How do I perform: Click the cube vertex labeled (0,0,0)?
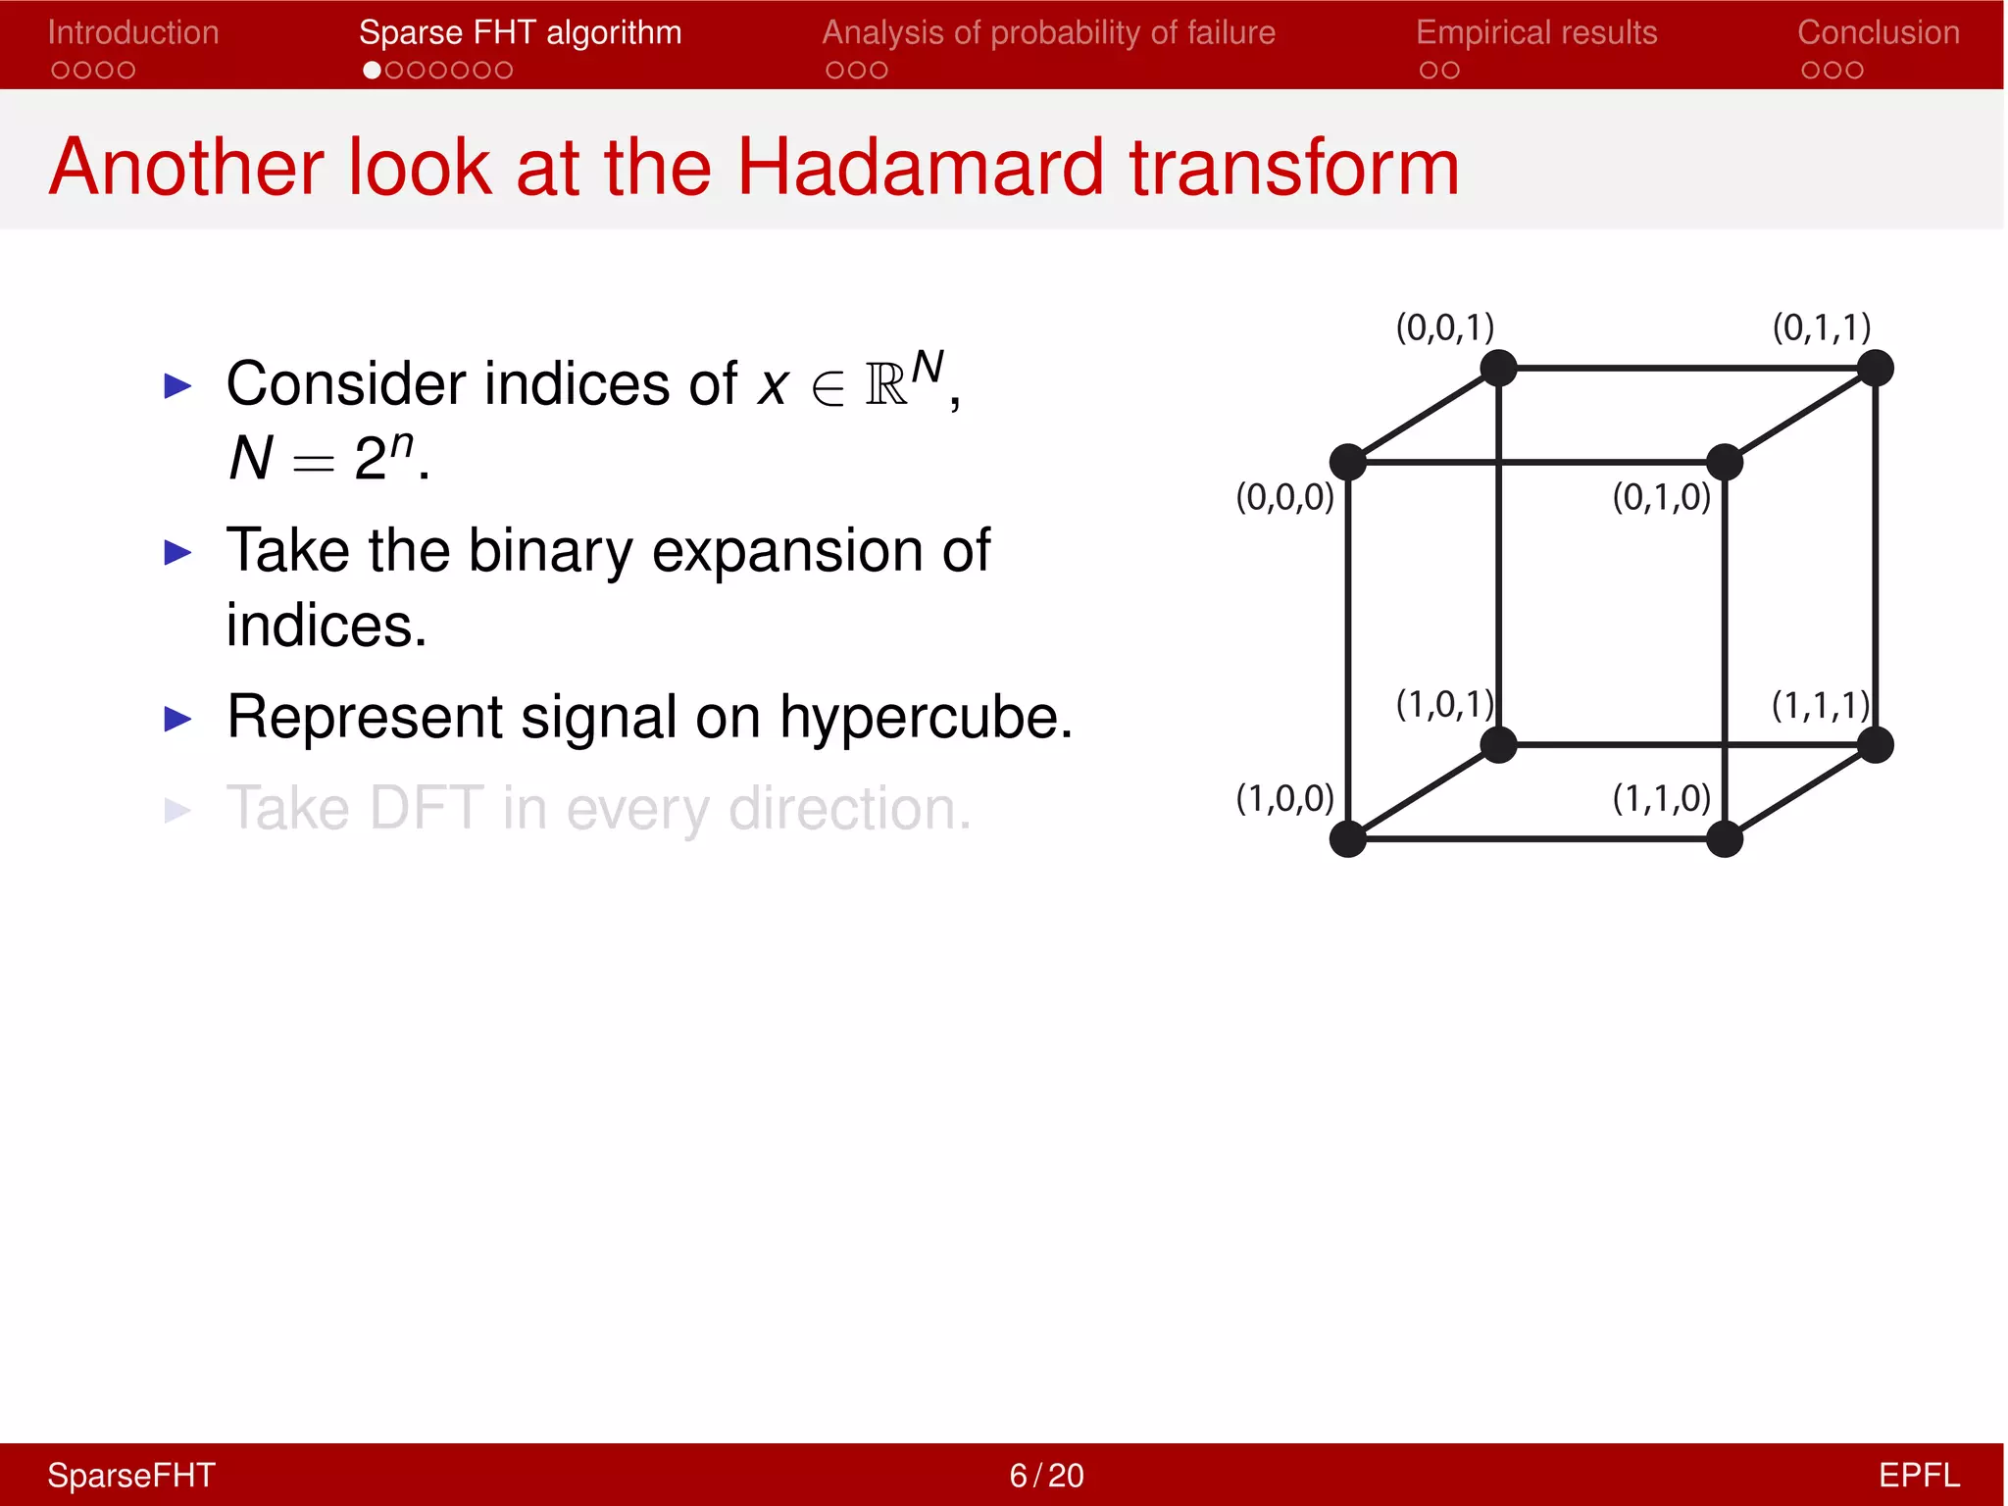coord(1348,462)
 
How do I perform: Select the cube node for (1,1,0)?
coord(1725,839)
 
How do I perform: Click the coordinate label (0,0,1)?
coord(1444,327)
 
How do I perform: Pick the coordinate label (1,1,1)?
coord(1821,706)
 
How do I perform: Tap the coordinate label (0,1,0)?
coord(1661,498)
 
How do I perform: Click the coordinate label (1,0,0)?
coord(1284,799)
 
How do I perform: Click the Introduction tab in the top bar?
coord(133,33)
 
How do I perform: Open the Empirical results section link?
coord(1536,33)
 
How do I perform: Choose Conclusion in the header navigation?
coord(1879,33)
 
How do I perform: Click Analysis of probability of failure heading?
coord(1048,33)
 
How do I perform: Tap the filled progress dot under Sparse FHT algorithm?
coord(372,71)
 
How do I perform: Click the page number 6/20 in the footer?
coord(1046,1475)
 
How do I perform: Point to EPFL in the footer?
coord(1919,1475)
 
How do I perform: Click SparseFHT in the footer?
coord(131,1475)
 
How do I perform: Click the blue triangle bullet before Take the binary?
coord(177,553)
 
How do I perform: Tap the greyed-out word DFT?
coord(427,809)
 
